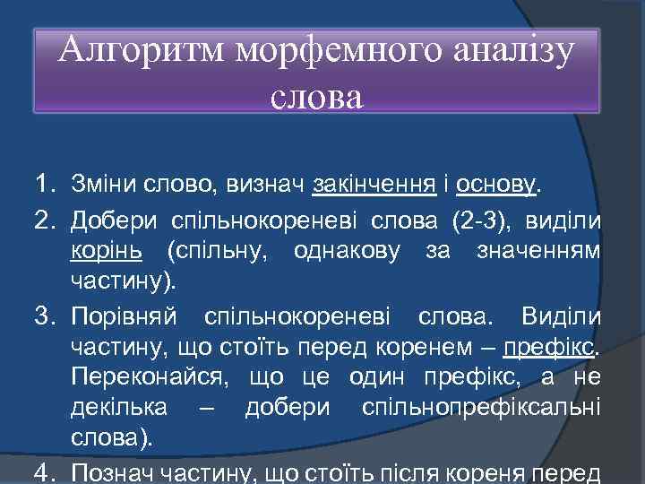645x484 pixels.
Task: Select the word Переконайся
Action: (148, 379)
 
